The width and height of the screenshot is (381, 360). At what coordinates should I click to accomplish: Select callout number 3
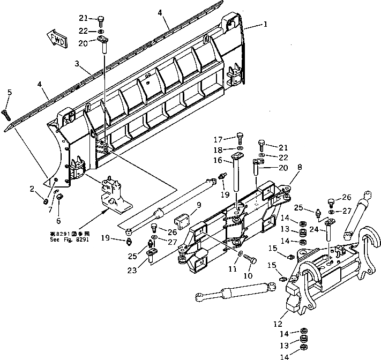pos(77,64)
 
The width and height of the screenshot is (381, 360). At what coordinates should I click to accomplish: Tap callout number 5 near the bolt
pos(9,93)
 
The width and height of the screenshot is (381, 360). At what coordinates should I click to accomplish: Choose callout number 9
pos(199,204)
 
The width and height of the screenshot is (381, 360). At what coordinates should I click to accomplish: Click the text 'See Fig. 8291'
pos(66,240)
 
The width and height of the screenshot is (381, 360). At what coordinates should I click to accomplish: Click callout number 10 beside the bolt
pos(248,276)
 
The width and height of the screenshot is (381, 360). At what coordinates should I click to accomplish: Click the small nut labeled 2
pos(46,201)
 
